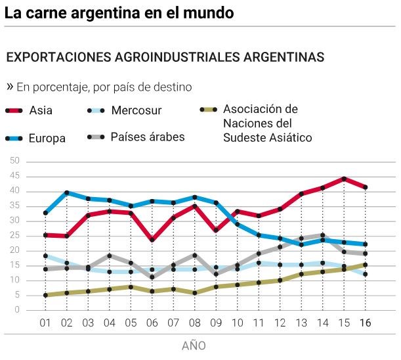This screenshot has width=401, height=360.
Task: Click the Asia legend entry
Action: click(41, 110)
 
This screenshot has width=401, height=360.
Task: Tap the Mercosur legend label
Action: click(136, 110)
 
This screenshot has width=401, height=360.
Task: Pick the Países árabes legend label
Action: click(147, 137)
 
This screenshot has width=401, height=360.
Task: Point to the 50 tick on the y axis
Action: click(14, 161)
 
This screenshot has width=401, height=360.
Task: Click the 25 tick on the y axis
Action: click(14, 235)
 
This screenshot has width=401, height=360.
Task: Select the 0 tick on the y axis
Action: click(17, 310)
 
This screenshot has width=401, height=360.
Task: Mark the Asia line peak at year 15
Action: click(343, 179)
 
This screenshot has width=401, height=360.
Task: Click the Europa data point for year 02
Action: click(66, 192)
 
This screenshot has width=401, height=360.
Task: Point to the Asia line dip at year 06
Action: click(152, 240)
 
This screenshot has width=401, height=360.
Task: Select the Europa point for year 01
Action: click(45, 213)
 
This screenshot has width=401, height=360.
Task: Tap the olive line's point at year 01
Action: click(45, 295)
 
